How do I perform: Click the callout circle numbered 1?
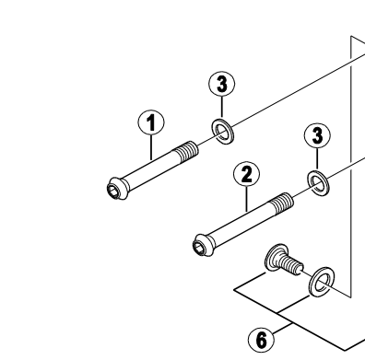[150, 122]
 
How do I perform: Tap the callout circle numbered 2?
[247, 174]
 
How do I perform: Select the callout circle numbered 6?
[261, 340]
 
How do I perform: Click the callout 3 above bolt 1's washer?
[222, 85]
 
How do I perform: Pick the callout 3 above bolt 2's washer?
[317, 135]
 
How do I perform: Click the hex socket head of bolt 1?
[116, 188]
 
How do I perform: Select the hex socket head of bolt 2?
[203, 244]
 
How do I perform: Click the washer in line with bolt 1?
[222, 131]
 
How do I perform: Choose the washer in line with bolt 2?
[318, 182]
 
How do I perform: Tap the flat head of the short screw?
[276, 258]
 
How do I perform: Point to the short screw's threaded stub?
[293, 266]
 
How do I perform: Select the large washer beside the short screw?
[322, 282]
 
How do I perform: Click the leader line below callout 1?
[151, 147]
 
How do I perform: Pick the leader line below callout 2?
[247, 199]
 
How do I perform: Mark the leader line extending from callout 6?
[282, 328]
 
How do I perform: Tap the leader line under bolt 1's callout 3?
[221, 107]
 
